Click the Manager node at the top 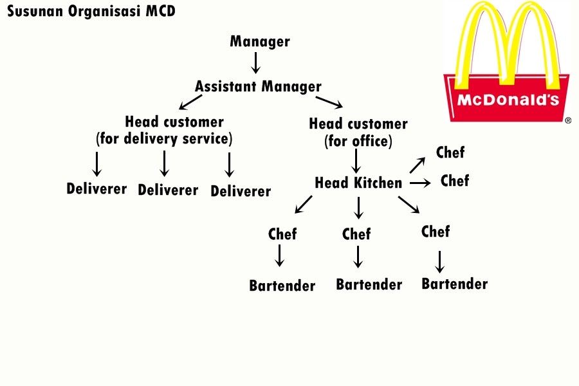pos(260,42)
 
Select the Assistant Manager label pos(258,86)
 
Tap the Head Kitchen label pos(358,183)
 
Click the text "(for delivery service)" pos(164,138)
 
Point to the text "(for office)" pos(358,140)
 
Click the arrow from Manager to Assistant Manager pos(255,63)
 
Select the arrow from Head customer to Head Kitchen pos(356,161)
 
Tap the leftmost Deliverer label pos(96,189)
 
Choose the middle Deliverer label pos(168,190)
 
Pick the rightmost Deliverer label pos(241,191)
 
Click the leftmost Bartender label pos(282,286)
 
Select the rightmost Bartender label pos(454,284)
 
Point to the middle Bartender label pos(369,284)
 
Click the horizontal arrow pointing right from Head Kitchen pos(419,183)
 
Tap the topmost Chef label pos(450,153)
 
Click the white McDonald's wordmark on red pos(508,100)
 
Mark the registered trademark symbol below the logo pos(568,120)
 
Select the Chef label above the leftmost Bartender pos(282,234)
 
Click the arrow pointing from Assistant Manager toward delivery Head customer pos(190,102)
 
